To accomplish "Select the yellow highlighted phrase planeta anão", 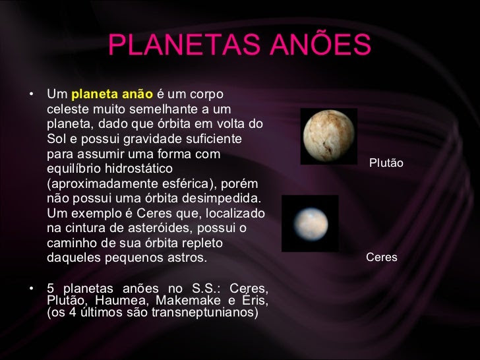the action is coord(111,94).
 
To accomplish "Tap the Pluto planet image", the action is coord(329,136).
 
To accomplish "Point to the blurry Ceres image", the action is coord(310,224).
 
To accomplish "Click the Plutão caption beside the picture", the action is coord(386,163).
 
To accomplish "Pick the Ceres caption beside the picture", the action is coord(381,257).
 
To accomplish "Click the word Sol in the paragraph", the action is coord(56,139).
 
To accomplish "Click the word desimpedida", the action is coord(222,198).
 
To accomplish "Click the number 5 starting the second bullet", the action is coord(51,288).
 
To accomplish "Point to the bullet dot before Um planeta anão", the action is coord(31,94).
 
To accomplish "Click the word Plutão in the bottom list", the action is coord(65,300).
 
